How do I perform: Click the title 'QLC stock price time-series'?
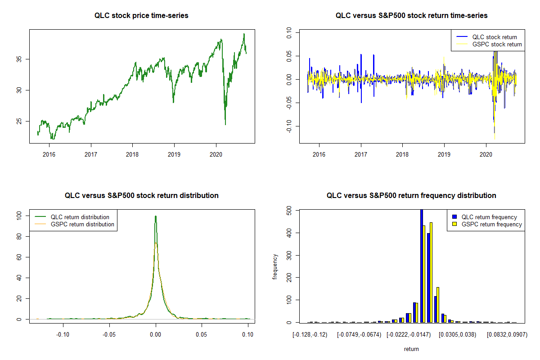point(141,16)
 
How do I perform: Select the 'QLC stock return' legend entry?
point(494,37)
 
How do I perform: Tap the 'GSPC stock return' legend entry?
point(497,44)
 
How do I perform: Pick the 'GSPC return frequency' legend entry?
point(491,224)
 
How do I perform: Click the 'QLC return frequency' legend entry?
point(489,217)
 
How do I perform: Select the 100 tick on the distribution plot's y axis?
point(18,216)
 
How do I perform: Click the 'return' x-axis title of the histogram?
point(411,349)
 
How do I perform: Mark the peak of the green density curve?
point(156,216)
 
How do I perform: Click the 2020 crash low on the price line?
point(225,124)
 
